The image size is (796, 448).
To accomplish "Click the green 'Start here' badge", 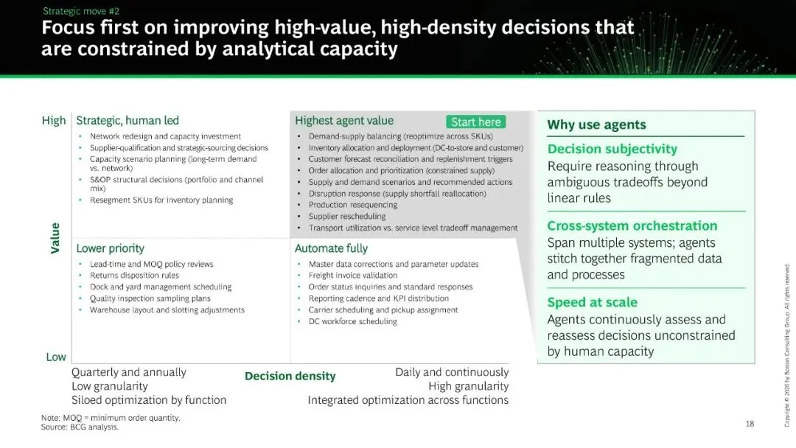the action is click(475, 122).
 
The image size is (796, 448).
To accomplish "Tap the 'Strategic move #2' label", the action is click(81, 10).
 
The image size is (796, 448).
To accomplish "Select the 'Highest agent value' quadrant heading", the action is click(344, 120).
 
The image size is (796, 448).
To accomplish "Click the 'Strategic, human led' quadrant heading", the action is click(128, 120).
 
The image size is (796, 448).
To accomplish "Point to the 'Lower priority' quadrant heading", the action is click(110, 248).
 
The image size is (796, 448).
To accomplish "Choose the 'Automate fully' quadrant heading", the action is click(331, 248).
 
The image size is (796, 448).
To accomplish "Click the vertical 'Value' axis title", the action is click(55, 238).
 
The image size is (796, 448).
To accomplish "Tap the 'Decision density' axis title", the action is click(290, 376).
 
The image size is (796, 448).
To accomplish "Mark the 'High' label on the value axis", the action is click(54, 120).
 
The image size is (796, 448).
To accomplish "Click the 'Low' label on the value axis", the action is click(56, 357).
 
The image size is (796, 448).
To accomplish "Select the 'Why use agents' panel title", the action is click(596, 125).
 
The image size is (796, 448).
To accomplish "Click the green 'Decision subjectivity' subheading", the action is click(612, 149).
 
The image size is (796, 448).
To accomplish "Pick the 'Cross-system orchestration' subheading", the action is click(632, 225).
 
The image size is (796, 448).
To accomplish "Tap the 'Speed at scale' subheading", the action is click(592, 302).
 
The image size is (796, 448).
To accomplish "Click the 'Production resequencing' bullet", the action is click(353, 204).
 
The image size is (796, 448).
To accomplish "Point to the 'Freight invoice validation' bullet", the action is click(353, 275).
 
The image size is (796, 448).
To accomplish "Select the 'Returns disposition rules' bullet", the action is click(135, 275).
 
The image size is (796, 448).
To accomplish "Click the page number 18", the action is click(750, 424).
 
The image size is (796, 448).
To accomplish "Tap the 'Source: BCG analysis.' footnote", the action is click(80, 427).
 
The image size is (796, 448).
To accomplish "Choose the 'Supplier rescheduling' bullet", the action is click(347, 216).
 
